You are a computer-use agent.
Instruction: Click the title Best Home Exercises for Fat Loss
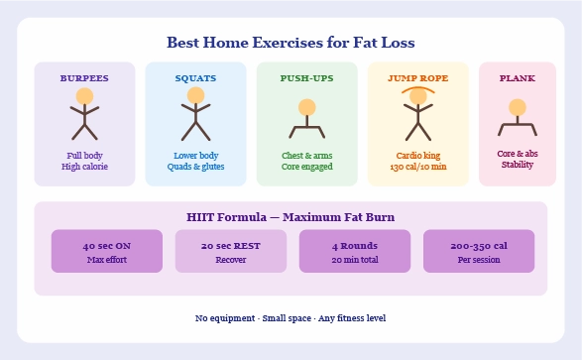[291, 44]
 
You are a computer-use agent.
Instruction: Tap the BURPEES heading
[84, 77]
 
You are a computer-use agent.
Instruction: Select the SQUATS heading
[195, 77]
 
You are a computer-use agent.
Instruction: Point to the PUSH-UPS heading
[306, 77]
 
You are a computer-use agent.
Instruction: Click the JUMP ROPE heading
[417, 77]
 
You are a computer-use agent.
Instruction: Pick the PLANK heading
[517, 77]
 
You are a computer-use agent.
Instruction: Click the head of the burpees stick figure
[84, 96]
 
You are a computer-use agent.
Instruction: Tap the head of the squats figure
[195, 96]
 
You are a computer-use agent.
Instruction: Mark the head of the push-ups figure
[306, 107]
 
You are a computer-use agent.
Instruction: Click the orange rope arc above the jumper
[417, 89]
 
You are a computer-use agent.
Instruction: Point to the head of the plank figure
[517, 107]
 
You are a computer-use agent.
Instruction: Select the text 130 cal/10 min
[417, 167]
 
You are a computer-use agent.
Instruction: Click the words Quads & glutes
[195, 167]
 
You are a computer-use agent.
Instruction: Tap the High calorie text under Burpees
[84, 167]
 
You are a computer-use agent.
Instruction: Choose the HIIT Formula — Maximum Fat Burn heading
[291, 216]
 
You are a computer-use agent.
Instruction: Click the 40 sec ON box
[106, 251]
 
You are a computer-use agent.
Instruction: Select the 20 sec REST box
[230, 251]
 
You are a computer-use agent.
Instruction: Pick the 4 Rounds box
[354, 251]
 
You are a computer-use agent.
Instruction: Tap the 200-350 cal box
[478, 251]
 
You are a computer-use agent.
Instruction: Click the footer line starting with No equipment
[291, 317]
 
